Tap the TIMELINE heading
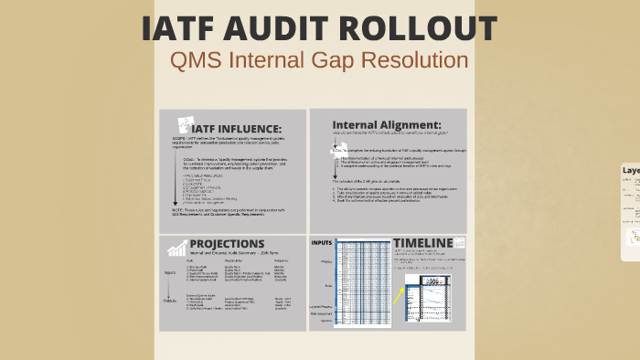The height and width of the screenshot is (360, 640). (x=423, y=241)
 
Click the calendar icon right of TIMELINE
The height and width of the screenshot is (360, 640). (x=462, y=242)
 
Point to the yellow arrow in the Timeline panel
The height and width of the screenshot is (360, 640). (x=398, y=294)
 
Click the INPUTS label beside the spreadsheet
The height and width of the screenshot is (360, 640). (x=321, y=243)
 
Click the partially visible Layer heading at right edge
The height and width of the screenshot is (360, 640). (x=631, y=170)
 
